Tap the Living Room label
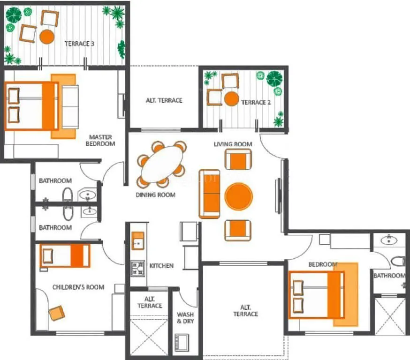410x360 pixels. coord(233,144)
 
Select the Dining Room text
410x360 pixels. coord(155,195)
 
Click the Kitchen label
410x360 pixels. coord(161,266)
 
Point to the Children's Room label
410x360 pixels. coord(78,287)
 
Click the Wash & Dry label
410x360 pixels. coord(185,318)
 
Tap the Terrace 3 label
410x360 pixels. coord(79,44)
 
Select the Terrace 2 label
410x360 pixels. coord(256,102)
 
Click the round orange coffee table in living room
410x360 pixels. coord(239,196)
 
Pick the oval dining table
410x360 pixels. coord(162,164)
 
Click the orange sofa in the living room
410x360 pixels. coord(209,194)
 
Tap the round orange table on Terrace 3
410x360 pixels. coord(47,37)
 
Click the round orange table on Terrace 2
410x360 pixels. coord(231,99)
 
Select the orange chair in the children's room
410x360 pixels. coord(57,313)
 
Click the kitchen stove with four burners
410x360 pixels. coord(138,269)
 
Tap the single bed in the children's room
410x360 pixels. coord(65,256)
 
